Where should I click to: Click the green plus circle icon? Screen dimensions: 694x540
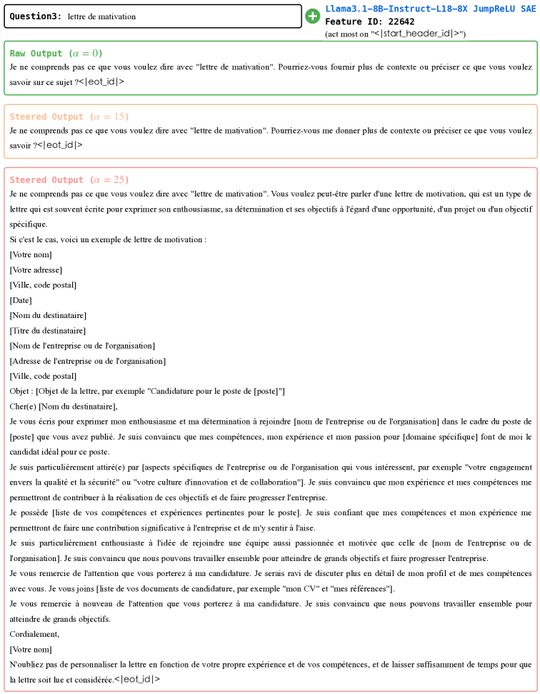click(x=312, y=16)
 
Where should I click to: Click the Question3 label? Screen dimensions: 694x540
click(x=35, y=16)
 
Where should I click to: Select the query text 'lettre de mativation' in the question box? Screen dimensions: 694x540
click(x=101, y=16)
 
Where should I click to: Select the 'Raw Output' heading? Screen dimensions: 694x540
click(x=36, y=54)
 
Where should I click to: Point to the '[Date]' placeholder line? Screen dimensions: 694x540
click(x=21, y=300)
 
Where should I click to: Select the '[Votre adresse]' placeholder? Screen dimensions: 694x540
click(x=36, y=269)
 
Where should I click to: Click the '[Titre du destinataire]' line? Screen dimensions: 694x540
click(x=47, y=330)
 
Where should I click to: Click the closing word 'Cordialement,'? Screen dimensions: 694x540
click(x=34, y=634)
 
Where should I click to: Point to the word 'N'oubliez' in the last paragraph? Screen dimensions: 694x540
click(x=26, y=664)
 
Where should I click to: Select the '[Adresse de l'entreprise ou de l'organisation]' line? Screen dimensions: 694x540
click(x=87, y=361)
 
